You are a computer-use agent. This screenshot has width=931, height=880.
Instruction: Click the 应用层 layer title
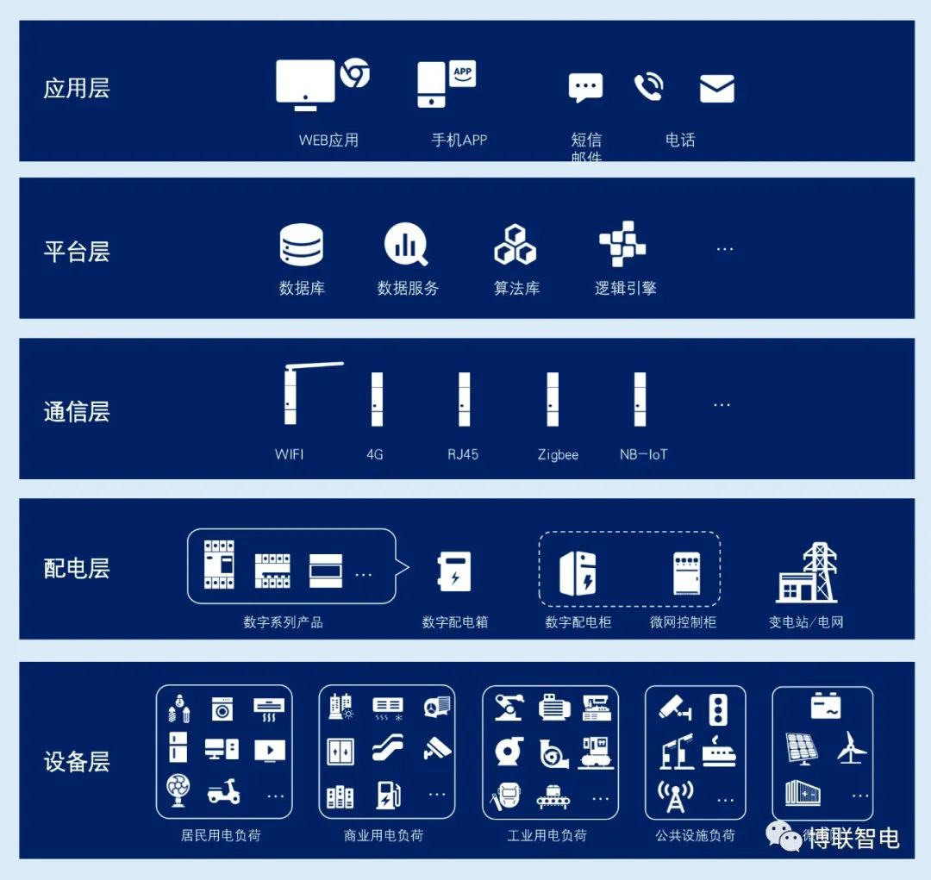(x=77, y=89)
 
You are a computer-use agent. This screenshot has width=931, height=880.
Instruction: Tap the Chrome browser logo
(x=354, y=73)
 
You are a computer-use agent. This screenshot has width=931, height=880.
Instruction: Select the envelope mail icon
(x=716, y=89)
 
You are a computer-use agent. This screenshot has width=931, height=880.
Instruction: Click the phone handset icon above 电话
(x=648, y=87)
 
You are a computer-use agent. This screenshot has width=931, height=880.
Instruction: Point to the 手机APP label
(x=459, y=140)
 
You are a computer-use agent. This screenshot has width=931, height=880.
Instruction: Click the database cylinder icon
(x=301, y=245)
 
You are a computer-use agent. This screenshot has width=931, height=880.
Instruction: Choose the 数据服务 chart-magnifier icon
(x=406, y=245)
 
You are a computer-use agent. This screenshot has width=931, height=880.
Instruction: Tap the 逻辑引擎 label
(x=625, y=289)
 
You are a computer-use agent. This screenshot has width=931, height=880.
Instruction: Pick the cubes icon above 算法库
(x=515, y=245)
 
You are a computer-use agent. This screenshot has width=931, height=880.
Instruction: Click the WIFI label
(x=290, y=454)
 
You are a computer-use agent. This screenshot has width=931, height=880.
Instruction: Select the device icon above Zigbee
(x=553, y=399)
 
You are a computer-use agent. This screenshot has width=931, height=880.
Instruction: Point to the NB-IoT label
(x=643, y=454)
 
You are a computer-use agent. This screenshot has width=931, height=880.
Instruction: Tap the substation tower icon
(x=807, y=573)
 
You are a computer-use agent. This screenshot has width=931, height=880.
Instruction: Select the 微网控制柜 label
(x=683, y=621)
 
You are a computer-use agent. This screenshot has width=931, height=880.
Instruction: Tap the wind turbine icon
(x=851, y=748)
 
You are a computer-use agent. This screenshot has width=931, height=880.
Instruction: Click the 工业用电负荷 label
(x=547, y=835)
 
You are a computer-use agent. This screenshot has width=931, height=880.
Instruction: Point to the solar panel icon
(x=802, y=748)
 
